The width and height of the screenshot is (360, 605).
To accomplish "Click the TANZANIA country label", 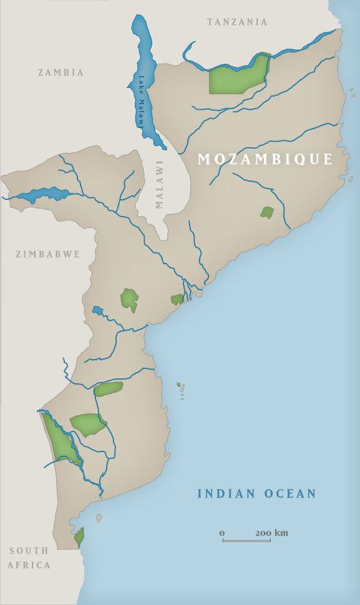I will pos(236,22).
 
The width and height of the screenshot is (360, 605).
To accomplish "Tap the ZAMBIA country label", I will pos(61,72).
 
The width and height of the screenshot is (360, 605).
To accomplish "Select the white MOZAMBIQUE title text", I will pos(265,159).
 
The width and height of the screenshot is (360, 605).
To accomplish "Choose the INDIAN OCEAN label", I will pos(256,494).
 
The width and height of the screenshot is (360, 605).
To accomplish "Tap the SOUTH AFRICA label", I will pos(29,558).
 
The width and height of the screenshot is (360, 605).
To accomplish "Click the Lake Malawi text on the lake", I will pos(142,100).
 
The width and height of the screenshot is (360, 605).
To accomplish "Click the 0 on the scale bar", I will pos(222,533).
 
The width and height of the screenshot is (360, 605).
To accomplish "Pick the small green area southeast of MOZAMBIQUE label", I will pos(267,212).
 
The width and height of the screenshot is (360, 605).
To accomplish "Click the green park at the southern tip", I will pos(79,536).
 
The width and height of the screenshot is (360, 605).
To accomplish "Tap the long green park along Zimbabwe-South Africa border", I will pos(61,440).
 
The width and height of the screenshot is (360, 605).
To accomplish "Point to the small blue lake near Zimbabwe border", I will pos(97,310).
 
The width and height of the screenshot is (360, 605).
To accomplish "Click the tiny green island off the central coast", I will pos(178,385).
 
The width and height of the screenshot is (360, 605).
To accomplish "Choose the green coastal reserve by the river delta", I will pos(177,300).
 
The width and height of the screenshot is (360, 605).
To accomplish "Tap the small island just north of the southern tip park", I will pos(99,518).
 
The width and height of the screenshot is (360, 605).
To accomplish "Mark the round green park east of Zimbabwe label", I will pos(130,298).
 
